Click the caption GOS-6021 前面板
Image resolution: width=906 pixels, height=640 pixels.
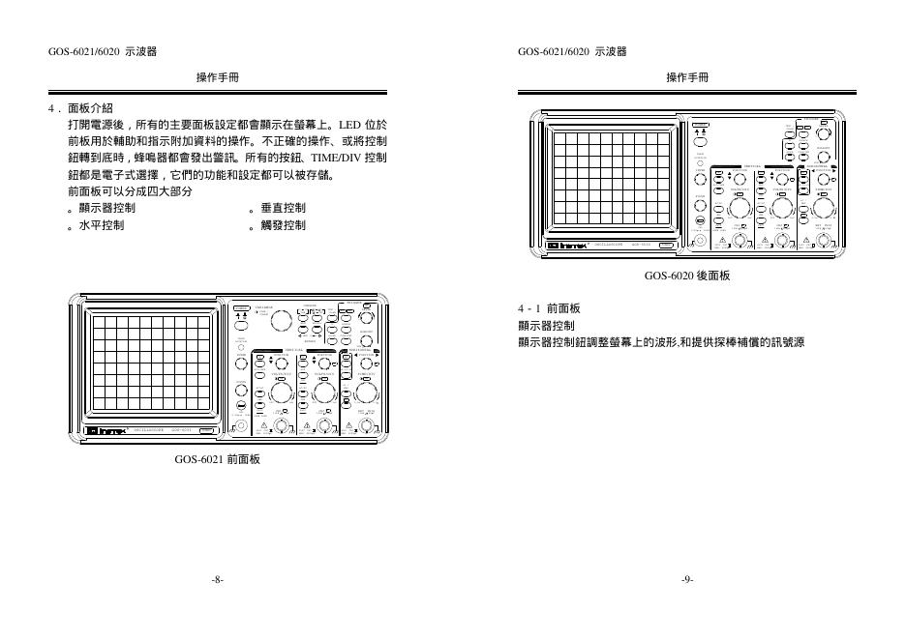coord(217,460)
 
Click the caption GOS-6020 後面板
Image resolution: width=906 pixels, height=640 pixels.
coord(687,276)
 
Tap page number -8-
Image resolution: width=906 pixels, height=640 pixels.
coord(217,579)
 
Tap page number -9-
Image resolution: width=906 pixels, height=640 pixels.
coord(687,579)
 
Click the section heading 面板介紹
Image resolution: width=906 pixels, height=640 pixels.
coord(90,108)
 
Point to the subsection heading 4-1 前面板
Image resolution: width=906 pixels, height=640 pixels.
coord(549,308)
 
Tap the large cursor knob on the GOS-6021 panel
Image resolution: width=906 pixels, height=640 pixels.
coord(281,321)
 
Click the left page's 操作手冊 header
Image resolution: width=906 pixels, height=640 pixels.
coord(217,77)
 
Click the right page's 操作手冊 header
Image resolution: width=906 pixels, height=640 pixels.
coord(687,77)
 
